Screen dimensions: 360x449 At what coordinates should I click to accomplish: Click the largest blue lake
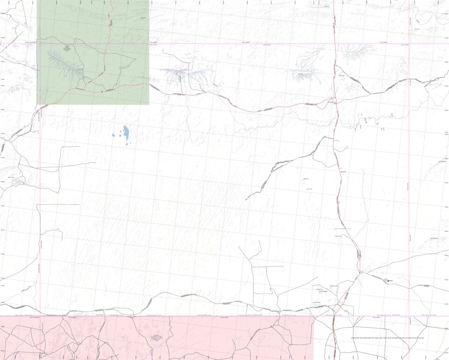(126, 135)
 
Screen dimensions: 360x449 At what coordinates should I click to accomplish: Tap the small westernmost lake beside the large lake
(114, 136)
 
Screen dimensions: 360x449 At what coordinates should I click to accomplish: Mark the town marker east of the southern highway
(388, 281)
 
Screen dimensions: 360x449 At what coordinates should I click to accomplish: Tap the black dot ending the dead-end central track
(246, 200)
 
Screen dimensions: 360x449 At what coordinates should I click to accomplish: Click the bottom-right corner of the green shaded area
(149, 104)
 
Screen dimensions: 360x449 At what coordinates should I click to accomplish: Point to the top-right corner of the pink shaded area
(313, 317)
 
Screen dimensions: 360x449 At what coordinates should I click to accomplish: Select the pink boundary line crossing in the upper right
(409, 44)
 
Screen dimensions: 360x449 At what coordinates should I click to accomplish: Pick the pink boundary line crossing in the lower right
(409, 316)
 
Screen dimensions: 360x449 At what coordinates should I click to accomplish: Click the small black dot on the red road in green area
(102, 92)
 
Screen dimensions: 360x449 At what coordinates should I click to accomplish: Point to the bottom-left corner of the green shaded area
(37, 104)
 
